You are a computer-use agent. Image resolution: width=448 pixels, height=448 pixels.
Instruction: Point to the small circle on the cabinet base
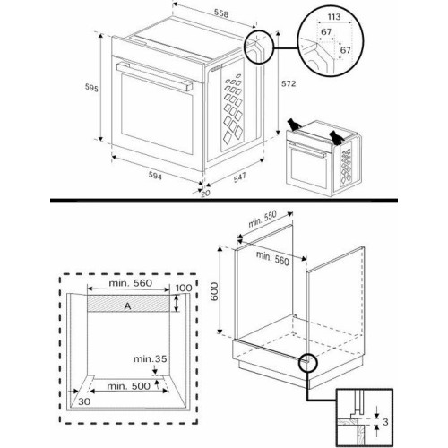tap(309, 363)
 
